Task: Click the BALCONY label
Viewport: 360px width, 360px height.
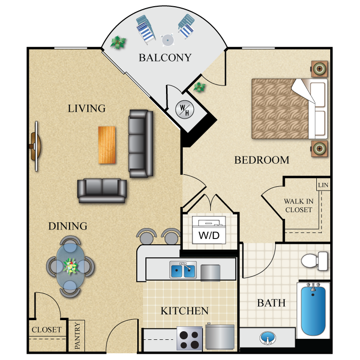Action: [165, 58]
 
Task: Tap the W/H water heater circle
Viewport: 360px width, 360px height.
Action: [185, 109]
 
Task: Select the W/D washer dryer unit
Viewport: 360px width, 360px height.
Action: [209, 230]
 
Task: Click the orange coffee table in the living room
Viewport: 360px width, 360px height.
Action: [107, 145]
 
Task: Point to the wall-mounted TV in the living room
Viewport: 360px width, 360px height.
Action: [36, 146]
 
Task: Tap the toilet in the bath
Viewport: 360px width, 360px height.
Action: [314, 261]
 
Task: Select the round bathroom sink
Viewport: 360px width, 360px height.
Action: [268, 337]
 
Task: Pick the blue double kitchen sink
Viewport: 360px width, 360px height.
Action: [183, 270]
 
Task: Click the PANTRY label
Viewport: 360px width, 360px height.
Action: [77, 336]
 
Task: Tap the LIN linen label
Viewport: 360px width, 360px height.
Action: [323, 185]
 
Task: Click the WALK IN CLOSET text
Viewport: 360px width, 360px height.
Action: [299, 205]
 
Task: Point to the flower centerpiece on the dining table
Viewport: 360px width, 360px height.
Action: [71, 266]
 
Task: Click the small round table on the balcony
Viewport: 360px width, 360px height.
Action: [168, 40]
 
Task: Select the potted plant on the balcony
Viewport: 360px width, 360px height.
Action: [118, 42]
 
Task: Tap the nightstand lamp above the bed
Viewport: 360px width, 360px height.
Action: [319, 69]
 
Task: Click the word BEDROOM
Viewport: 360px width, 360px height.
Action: [262, 160]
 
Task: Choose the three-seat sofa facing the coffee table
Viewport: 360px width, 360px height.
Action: [141, 144]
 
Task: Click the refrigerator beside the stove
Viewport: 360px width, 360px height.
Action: [220, 337]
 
